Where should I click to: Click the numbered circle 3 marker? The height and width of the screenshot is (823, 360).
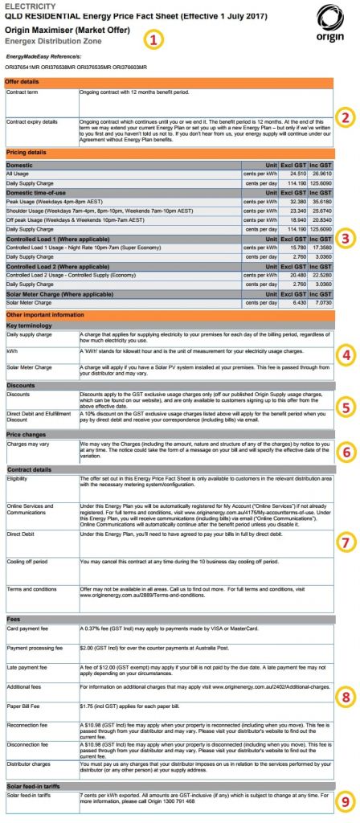point(346,237)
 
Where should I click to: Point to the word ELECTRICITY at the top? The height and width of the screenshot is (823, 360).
point(27,5)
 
